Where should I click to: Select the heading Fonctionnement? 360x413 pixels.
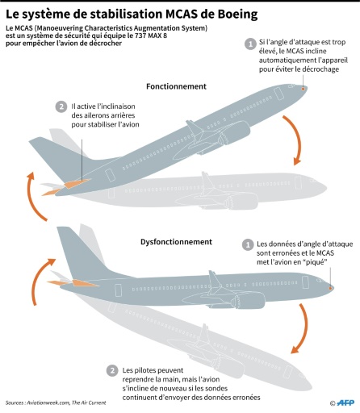click(x=176, y=86)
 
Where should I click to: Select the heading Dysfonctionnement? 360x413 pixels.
click(x=176, y=242)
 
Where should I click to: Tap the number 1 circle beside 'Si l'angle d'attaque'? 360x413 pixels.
click(x=250, y=44)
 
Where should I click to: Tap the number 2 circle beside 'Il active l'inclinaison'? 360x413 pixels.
click(x=61, y=106)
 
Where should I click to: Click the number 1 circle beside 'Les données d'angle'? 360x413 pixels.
click(x=248, y=245)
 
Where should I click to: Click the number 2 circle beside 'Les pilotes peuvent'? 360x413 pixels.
click(x=112, y=371)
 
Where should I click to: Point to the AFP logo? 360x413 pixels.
click(x=345, y=403)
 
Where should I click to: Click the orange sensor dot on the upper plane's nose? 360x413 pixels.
click(x=303, y=89)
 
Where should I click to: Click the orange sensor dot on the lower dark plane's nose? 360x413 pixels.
click(x=330, y=288)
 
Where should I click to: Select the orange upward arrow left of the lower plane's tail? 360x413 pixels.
click(x=38, y=280)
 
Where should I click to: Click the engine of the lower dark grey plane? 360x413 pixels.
click(x=248, y=300)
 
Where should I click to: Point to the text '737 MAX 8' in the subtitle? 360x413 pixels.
click(x=151, y=35)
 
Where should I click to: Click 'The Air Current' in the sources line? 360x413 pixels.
click(x=89, y=403)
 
